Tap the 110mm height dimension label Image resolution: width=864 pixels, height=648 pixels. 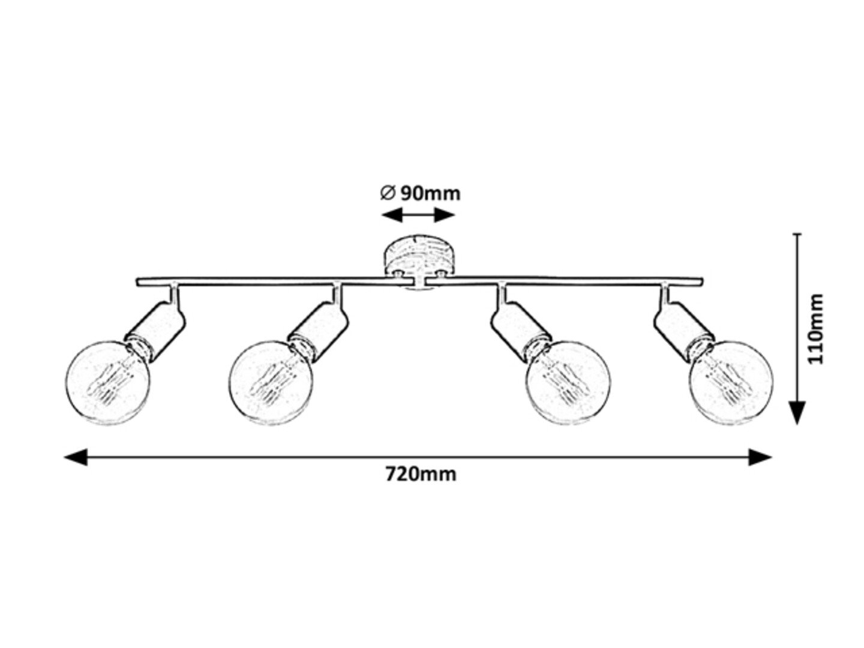point(816,328)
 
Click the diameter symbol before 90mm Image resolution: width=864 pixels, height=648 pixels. point(387,193)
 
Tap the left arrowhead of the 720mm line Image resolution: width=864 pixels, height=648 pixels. point(76,458)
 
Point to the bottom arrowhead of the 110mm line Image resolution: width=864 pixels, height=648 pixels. point(797,413)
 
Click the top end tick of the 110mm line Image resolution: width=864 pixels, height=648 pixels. point(797,235)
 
